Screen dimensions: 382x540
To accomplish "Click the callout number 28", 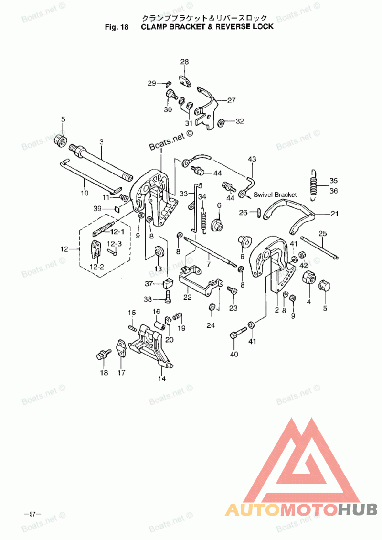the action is click(184, 62).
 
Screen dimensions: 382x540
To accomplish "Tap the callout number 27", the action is click(231, 101).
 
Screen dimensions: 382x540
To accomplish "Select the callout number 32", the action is click(239, 121).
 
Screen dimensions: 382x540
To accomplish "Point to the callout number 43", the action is click(252, 159).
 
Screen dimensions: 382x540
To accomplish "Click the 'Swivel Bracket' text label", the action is click(275, 194).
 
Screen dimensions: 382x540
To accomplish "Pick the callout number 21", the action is click(334, 213).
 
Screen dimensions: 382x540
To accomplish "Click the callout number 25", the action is click(323, 234).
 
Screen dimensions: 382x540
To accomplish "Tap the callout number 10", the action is click(85, 194).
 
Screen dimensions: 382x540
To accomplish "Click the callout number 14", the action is click(162, 378).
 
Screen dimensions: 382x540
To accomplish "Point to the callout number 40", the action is click(234, 354).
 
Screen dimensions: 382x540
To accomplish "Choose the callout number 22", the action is click(187, 297).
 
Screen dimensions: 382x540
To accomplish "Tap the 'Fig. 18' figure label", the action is click(117, 27).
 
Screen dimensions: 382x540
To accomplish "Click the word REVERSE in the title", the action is click(235, 27).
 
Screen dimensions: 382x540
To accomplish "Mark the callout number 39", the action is click(97, 209).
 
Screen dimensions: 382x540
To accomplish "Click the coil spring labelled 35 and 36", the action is click(313, 184).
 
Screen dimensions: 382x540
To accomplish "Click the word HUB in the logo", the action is click(358, 510).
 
